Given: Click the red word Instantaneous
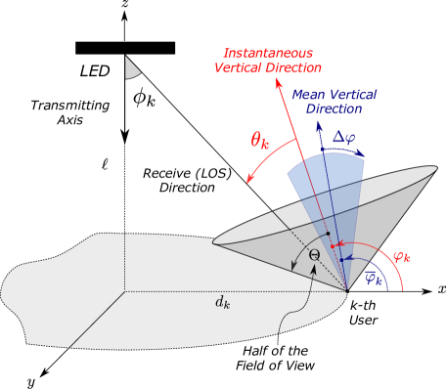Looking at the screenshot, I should click(x=267, y=53).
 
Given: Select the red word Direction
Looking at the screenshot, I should click(x=292, y=68).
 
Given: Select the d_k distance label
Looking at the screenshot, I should click(x=223, y=302).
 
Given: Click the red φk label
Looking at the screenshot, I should click(x=401, y=257).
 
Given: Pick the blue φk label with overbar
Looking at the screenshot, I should click(x=372, y=277).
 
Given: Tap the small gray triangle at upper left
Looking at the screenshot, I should click(x=131, y=67).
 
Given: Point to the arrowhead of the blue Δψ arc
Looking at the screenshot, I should click(x=363, y=156).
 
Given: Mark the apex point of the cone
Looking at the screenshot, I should click(x=348, y=291).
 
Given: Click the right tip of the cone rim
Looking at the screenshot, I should click(x=436, y=168).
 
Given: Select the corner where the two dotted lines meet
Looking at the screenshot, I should click(x=124, y=291).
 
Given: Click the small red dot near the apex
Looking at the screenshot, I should click(x=332, y=246).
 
